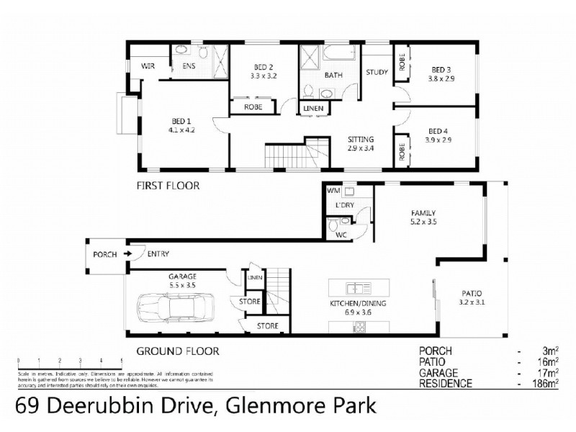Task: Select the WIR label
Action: click(x=148, y=66)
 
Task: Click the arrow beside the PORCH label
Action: click(x=127, y=254)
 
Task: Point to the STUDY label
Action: click(x=377, y=72)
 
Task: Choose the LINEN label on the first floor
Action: click(x=313, y=109)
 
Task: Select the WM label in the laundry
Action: click(x=333, y=191)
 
